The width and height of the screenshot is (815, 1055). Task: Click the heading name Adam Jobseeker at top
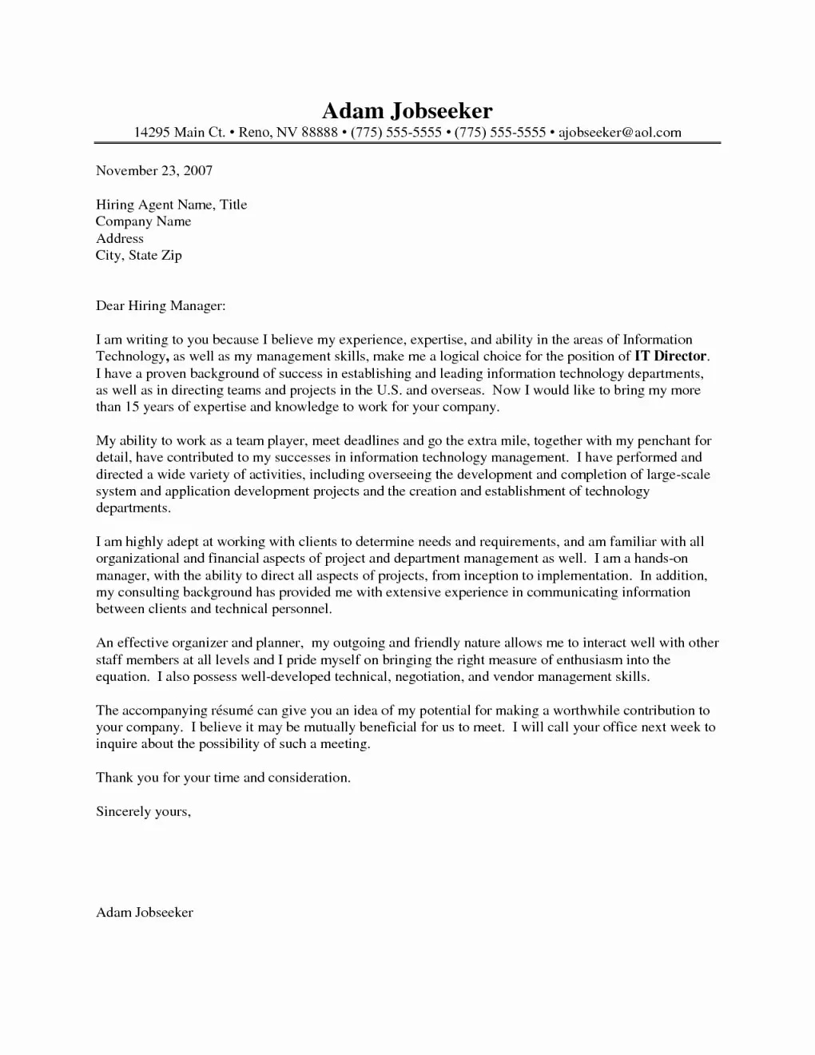(x=407, y=110)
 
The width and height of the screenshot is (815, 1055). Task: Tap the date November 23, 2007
(x=154, y=170)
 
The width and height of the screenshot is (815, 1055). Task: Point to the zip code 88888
(x=320, y=133)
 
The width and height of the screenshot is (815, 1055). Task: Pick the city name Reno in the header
(x=254, y=133)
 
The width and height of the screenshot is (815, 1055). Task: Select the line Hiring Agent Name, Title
(x=171, y=205)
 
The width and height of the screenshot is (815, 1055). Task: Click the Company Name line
(x=143, y=221)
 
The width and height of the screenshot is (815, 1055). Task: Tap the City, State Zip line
(x=138, y=256)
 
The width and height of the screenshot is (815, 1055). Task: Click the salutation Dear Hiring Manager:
(x=161, y=306)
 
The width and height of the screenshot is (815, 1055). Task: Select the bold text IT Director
(x=670, y=356)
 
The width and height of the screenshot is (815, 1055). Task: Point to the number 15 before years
(x=133, y=408)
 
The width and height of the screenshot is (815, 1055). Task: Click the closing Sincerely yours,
(x=143, y=812)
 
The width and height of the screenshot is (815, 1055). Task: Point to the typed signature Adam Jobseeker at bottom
(x=145, y=913)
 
